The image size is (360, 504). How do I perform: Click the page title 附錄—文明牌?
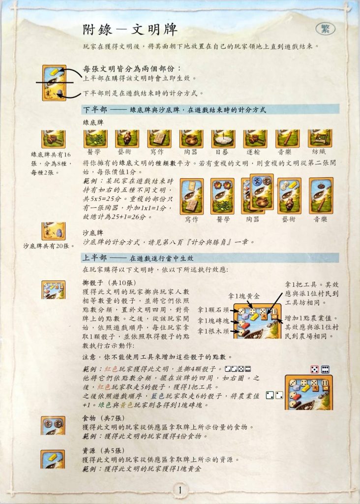(x=130, y=30)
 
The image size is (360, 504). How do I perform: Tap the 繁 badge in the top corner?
(x=325, y=29)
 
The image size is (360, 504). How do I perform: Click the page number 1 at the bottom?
(x=180, y=490)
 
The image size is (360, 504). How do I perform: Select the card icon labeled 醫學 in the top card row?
(x=95, y=139)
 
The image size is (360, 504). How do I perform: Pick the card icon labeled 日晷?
(x=223, y=139)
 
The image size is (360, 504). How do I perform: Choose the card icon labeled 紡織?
(x=320, y=138)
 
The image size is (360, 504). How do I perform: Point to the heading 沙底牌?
(x=93, y=233)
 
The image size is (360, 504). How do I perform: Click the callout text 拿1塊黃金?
(x=244, y=296)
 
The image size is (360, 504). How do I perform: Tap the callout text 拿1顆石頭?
(x=213, y=310)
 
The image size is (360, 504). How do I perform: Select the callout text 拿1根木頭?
(x=213, y=331)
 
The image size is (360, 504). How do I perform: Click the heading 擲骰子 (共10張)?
(x=109, y=283)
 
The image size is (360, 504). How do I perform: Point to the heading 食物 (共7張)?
(x=103, y=418)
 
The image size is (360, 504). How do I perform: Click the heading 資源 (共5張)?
(x=103, y=451)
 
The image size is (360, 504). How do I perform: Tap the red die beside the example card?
(x=314, y=369)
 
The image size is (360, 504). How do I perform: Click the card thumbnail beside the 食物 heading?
(x=53, y=426)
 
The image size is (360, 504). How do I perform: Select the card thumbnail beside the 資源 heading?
(x=53, y=459)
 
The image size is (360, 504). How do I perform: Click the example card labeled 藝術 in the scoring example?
(x=289, y=196)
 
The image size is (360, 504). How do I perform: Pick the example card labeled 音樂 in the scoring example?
(x=321, y=196)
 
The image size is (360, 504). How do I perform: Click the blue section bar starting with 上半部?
(x=210, y=258)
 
